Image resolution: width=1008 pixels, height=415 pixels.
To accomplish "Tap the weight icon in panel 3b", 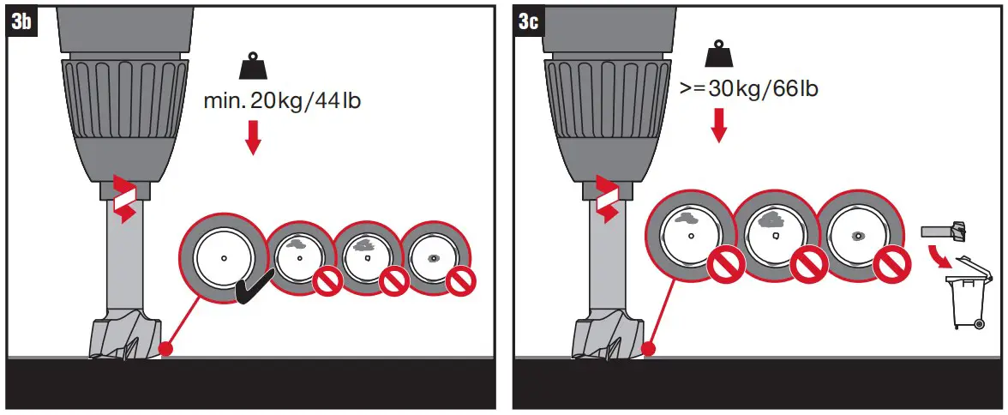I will tap(253, 67).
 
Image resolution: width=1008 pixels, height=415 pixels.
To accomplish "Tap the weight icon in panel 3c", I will tap(718, 57).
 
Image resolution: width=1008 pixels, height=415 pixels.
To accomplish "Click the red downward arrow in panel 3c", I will tap(718, 124).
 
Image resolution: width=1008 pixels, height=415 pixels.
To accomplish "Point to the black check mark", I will tap(255, 288).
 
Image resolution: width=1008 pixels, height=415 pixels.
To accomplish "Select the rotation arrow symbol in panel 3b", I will tap(125, 200).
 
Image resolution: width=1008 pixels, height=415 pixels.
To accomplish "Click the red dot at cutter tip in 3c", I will tap(649, 349).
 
